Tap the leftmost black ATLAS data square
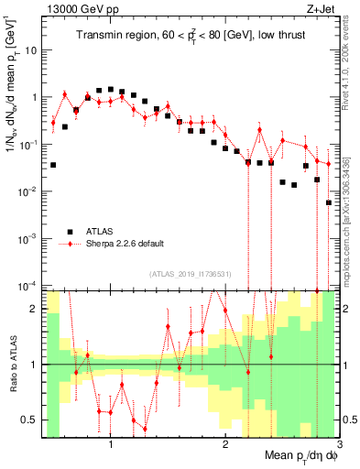tap(53, 165)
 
